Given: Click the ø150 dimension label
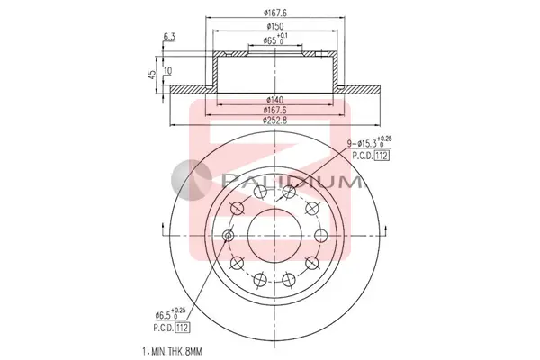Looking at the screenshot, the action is tap(275, 26).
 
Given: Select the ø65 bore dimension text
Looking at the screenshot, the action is tap(275, 39).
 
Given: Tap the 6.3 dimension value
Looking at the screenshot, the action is tap(169, 36).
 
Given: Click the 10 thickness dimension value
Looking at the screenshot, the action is tap(168, 71).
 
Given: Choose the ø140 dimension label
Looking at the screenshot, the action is tap(275, 100).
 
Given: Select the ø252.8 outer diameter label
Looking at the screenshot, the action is tap(275, 121).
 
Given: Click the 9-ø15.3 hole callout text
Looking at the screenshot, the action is tap(369, 141).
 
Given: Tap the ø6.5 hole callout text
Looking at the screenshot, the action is tap(170, 313).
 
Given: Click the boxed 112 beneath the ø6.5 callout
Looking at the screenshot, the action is tap(182, 328).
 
